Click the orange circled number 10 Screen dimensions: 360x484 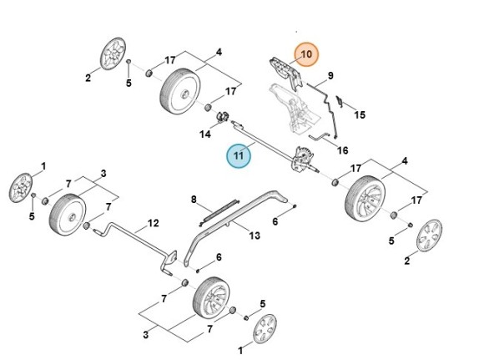pos(306,53)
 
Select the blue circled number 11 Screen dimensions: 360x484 pos(239,155)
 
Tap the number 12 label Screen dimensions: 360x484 pos(153,223)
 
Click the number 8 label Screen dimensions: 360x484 pos(194,200)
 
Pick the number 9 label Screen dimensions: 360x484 pos(330,76)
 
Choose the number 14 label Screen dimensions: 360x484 pos(204,134)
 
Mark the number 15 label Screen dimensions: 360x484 pos(360,114)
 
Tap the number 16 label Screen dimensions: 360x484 pos(342,150)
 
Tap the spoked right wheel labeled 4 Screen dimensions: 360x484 pos(366,200)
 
